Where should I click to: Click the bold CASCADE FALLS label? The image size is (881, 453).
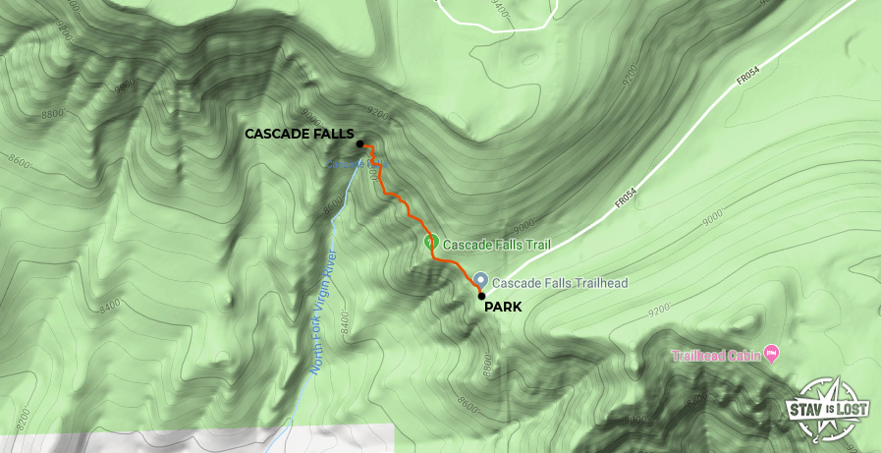(x=299, y=134)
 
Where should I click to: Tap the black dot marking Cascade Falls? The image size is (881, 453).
(x=360, y=144)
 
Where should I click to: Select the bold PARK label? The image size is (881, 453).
(x=503, y=307)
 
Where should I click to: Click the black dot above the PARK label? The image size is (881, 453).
(x=481, y=296)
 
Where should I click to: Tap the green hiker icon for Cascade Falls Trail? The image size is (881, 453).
(x=430, y=242)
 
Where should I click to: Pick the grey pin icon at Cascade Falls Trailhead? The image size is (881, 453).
(x=480, y=280)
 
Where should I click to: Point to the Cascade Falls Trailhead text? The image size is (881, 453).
(x=561, y=283)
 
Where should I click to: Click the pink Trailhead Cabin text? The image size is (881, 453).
(x=717, y=354)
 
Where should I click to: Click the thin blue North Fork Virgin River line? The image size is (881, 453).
(x=307, y=373)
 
